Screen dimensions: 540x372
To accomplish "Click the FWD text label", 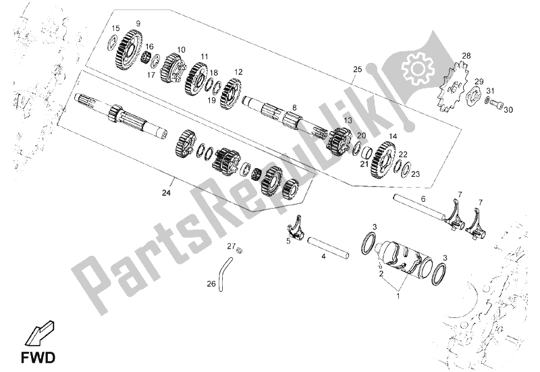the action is pos(38,358).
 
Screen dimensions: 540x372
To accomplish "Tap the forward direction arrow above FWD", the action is pos(38,334).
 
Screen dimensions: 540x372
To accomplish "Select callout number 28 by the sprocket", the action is pos(466,55).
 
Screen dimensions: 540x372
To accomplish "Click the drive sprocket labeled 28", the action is pos(453,86).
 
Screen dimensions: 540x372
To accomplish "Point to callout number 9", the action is pos(138,24).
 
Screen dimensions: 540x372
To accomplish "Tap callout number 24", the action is pos(166,193).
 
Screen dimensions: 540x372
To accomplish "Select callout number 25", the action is pos(358,70).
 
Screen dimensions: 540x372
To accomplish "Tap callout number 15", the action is pos(115,28).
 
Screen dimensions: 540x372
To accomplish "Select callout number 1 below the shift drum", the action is pos(398,296).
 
